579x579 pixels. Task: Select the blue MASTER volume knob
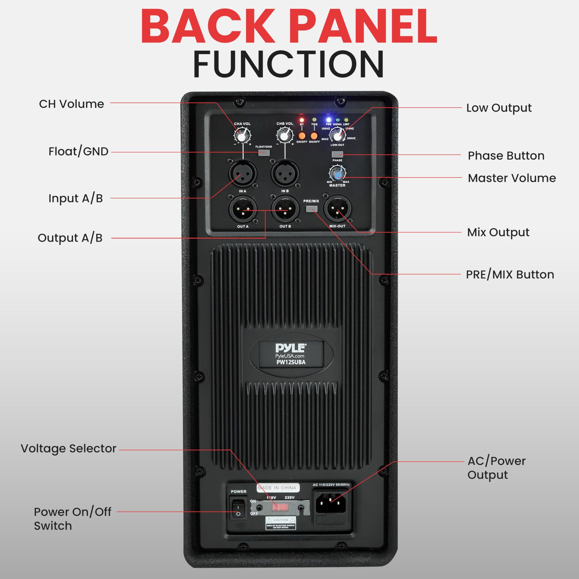337,173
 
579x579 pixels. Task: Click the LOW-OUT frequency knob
337,135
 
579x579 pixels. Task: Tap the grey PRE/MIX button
312,209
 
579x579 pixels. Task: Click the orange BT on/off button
302,135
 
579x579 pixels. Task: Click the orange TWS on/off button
314,135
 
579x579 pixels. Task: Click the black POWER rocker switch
238,511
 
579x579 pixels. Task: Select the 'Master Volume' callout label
512,178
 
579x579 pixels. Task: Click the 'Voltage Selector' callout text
68,448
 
